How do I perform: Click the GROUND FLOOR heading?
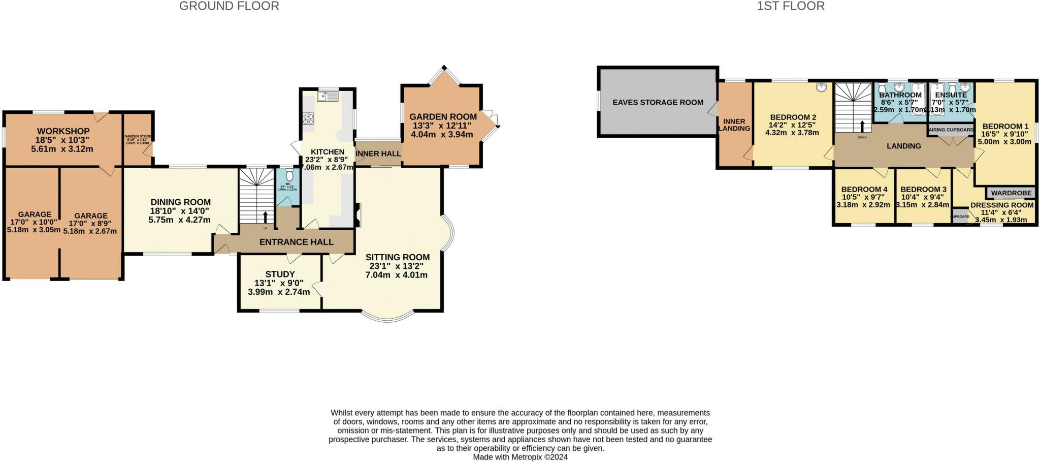(229, 6)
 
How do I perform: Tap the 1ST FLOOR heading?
(791, 6)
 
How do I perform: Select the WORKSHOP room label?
(63, 132)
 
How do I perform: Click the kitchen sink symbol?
(328, 95)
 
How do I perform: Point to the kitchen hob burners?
(308, 119)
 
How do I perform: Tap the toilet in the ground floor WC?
(289, 175)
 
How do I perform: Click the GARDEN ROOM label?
(443, 117)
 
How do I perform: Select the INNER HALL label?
(378, 153)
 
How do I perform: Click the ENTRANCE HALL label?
(296, 242)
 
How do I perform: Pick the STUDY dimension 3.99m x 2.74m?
(279, 292)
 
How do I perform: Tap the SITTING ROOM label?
(398, 257)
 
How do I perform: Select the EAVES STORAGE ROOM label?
(658, 102)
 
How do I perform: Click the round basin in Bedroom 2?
(821, 87)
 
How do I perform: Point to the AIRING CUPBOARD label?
(951, 130)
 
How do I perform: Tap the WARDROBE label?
(1011, 193)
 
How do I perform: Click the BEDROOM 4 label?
(864, 189)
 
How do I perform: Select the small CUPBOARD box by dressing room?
(960, 216)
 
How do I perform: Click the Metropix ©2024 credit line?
(520, 457)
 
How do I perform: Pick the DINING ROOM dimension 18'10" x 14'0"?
(179, 211)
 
